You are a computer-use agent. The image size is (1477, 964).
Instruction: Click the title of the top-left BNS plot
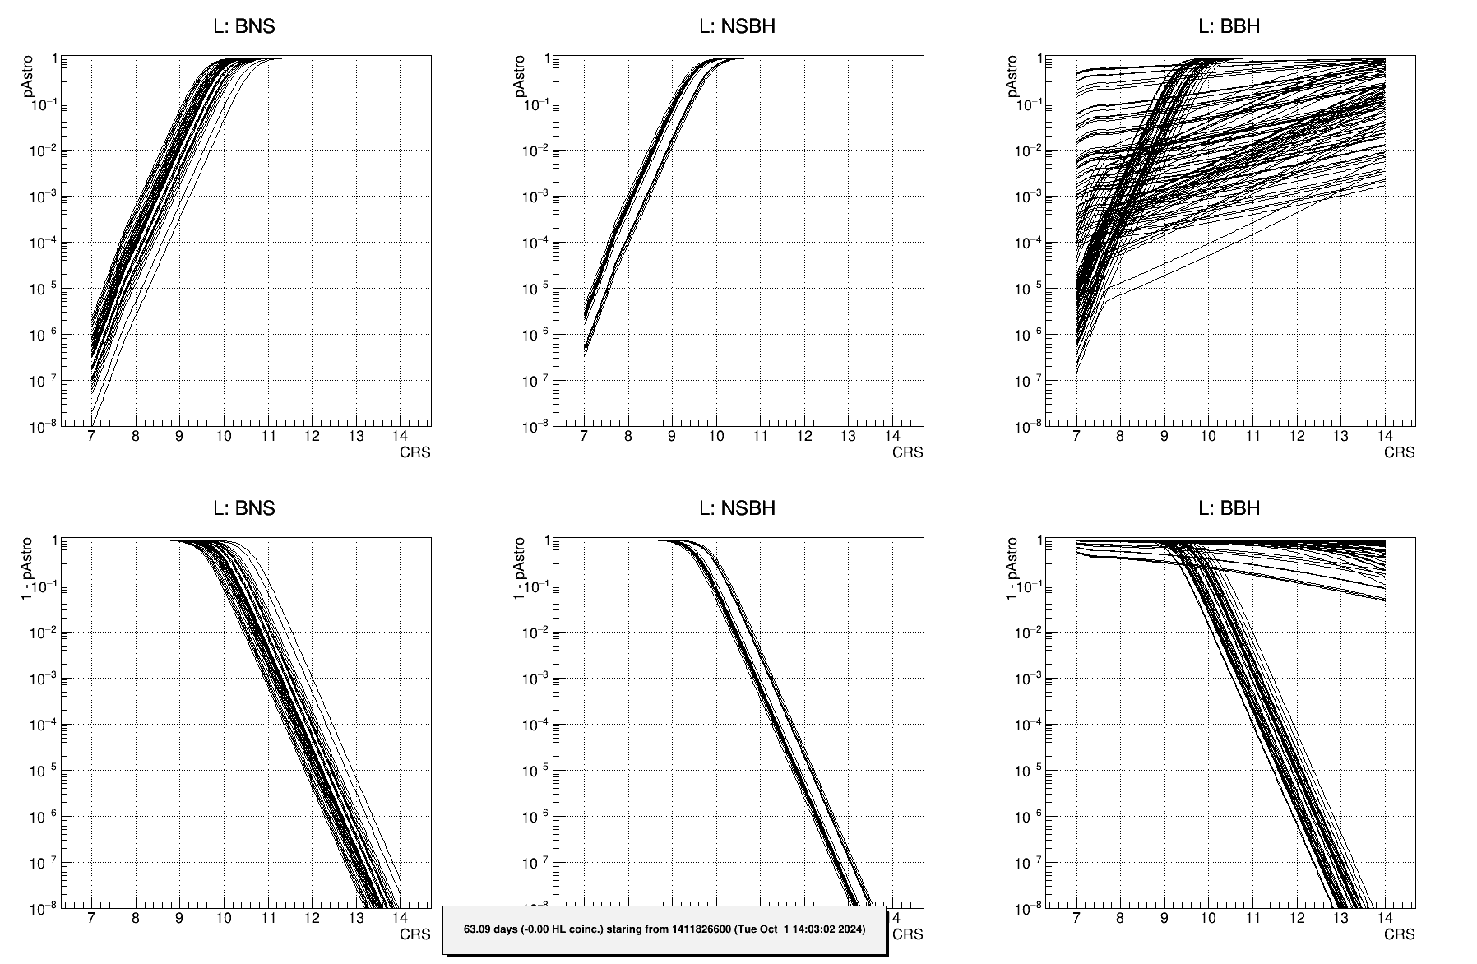coord(244,26)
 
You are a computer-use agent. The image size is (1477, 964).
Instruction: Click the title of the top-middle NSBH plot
coord(737,26)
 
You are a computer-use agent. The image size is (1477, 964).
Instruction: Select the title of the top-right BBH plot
coord(1229,26)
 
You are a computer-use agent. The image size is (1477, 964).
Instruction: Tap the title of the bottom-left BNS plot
coord(244,508)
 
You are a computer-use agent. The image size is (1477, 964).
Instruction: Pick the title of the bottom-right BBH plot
coord(1229,508)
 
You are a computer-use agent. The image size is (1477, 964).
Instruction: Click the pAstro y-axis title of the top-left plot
coord(29,77)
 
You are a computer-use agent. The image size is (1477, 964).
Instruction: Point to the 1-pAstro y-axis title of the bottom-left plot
coord(26,568)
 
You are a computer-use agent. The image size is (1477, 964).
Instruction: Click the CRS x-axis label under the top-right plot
coord(1399,452)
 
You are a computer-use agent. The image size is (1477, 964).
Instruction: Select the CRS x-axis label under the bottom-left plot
coord(414,934)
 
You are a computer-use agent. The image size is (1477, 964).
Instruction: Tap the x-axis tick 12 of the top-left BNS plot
coord(311,436)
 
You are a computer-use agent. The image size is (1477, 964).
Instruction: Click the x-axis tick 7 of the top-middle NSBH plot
coord(584,436)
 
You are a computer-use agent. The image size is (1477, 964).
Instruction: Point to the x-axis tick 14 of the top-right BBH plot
coord(1384,436)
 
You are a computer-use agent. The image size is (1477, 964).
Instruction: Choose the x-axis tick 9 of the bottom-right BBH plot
coord(1164,918)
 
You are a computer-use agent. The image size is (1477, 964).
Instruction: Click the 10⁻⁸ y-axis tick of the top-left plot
coord(43,426)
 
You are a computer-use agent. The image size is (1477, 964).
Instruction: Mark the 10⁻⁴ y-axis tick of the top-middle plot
coord(535,243)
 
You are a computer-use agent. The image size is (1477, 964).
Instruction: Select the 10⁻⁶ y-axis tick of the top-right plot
coord(1028,335)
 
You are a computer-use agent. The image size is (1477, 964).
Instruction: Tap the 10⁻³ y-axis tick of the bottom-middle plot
coord(535,679)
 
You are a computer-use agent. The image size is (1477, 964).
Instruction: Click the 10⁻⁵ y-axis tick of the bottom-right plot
coord(1028,771)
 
